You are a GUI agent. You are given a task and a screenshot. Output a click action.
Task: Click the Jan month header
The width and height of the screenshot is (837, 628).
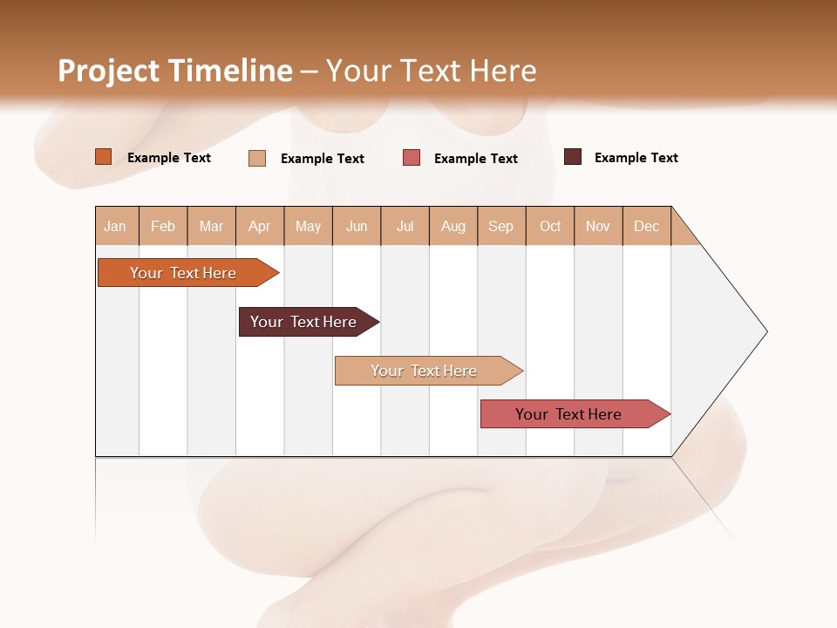tap(115, 226)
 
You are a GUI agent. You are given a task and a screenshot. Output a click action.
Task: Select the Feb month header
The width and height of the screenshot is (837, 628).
tap(163, 226)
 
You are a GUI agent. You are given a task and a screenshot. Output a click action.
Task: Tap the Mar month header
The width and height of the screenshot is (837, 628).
tap(211, 226)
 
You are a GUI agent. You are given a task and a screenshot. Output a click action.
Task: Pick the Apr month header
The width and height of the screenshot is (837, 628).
tap(260, 226)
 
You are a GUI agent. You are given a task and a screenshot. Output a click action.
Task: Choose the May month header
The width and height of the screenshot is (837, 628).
tap(308, 226)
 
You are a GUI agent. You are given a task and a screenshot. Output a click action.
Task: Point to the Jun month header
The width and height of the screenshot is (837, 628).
tap(357, 226)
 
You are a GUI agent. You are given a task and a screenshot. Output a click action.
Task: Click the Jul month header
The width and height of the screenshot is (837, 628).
tap(405, 226)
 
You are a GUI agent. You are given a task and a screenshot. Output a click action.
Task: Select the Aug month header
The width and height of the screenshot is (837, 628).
tap(453, 226)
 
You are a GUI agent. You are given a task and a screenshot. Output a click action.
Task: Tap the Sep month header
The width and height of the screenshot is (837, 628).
tap(501, 226)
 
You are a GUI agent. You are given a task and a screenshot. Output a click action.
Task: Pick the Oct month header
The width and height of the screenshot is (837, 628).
tap(550, 226)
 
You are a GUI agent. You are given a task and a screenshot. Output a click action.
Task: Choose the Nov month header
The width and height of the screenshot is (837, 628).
tap(598, 226)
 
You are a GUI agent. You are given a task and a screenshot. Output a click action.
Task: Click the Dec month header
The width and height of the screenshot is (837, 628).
tap(647, 226)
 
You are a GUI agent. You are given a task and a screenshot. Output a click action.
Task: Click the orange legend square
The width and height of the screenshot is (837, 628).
tap(104, 157)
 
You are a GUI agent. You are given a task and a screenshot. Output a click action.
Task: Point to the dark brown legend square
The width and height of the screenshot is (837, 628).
tap(573, 157)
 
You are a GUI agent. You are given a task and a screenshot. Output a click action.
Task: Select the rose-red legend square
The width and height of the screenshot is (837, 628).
tap(412, 158)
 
